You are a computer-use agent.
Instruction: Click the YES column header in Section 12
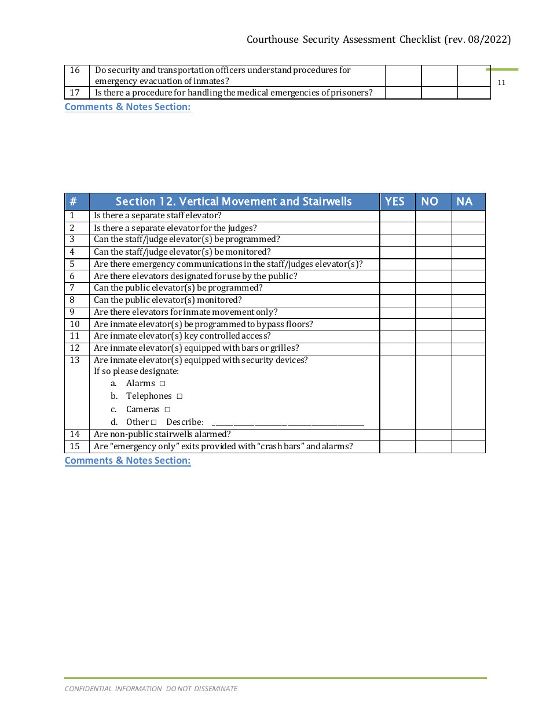click(395, 201)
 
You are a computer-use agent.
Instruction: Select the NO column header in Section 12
click(430, 201)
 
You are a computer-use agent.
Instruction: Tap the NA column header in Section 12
click(464, 201)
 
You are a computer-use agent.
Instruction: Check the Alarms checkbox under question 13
click(163, 384)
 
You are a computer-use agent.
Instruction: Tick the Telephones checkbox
click(179, 397)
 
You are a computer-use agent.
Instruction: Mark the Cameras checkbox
click(167, 410)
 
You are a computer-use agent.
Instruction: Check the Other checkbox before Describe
click(154, 423)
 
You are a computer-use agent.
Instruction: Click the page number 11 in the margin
click(501, 83)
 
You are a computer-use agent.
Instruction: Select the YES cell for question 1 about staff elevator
click(397, 216)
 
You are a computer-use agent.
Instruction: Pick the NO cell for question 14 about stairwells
click(433, 435)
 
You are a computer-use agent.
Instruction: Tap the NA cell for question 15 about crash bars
click(468, 447)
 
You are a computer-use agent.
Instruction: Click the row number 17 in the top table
click(75, 93)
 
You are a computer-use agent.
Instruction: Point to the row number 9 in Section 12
click(72, 312)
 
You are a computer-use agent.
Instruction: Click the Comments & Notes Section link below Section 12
click(127, 461)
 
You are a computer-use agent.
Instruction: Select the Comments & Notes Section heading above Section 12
click(127, 107)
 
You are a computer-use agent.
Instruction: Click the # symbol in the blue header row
click(73, 201)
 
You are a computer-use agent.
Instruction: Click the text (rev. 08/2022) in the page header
click(478, 39)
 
